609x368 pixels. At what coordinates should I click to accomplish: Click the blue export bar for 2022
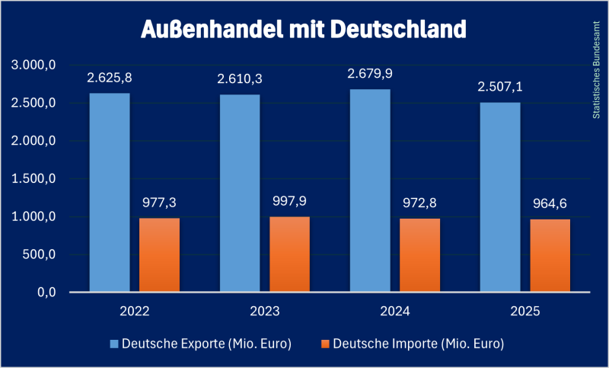(110, 193)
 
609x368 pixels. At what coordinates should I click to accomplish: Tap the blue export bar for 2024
(370, 190)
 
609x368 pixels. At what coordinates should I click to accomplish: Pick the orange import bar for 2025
(550, 256)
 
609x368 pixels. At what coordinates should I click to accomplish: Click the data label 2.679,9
(370, 74)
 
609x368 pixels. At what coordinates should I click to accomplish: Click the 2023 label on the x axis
(264, 312)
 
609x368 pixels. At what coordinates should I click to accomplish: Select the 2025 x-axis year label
(525, 312)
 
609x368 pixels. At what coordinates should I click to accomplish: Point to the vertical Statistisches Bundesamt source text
(596, 69)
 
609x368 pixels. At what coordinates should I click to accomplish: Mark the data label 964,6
(550, 203)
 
